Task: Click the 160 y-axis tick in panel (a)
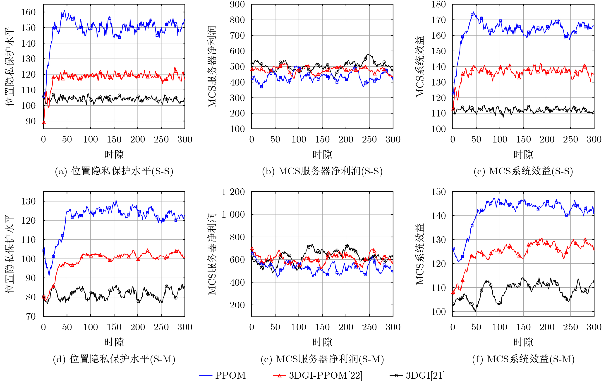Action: click(x=28, y=12)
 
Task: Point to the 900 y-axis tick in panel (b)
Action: click(x=237, y=4)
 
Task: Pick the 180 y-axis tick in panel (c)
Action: click(x=438, y=4)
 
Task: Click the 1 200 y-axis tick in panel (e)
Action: click(x=233, y=192)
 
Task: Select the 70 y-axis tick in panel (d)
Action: click(x=31, y=316)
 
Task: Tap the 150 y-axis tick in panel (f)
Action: click(x=438, y=192)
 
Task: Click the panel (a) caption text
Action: click(x=114, y=171)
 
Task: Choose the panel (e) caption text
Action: click(x=322, y=359)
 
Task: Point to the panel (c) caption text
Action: click(x=523, y=171)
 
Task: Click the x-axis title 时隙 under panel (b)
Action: click(x=322, y=154)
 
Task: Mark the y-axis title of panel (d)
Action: click(x=9, y=254)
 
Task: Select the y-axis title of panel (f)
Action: click(x=419, y=254)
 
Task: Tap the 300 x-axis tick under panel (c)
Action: click(x=594, y=140)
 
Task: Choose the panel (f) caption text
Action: click(x=523, y=359)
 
